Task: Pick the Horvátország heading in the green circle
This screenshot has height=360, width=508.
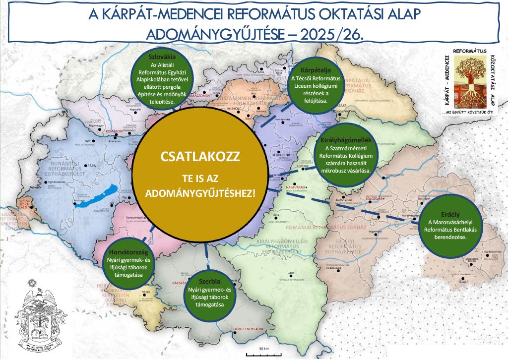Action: point(127,251)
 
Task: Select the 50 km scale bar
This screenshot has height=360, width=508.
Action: point(262,353)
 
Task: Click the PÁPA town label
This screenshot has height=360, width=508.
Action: point(90,165)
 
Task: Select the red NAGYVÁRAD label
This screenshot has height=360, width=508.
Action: point(297,187)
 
